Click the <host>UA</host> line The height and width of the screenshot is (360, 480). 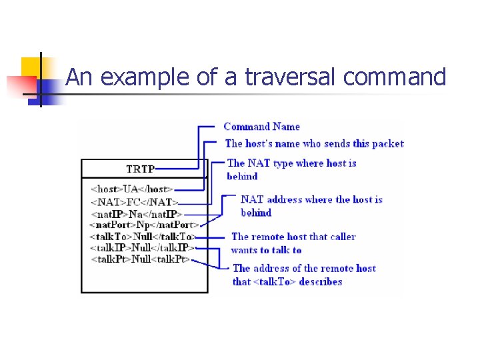pyautogui.click(x=132, y=189)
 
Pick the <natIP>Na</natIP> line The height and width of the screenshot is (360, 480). pyautogui.click(x=136, y=213)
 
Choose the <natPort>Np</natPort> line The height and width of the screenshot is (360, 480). pyautogui.click(x=143, y=225)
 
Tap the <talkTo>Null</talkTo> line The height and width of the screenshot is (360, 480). pyautogui.click(x=142, y=236)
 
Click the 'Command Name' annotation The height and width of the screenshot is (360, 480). pyautogui.click(x=261, y=127)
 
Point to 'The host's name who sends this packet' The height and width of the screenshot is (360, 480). pyautogui.click(x=314, y=143)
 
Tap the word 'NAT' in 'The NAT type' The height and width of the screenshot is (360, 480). pyautogui.click(x=259, y=163)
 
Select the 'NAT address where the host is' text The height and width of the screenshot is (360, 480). pyautogui.click(x=311, y=199)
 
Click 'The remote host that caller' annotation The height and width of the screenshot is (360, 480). pyautogui.click(x=293, y=237)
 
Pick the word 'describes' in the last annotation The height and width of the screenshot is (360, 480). pyautogui.click(x=321, y=281)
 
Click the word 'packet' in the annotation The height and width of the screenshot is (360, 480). pyautogui.click(x=388, y=143)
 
